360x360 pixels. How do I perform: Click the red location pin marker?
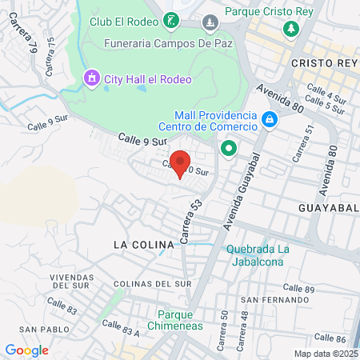[x=182, y=163]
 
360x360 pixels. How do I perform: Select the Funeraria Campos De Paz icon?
[x=210, y=20]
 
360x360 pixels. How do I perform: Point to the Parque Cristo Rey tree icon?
[x=290, y=28]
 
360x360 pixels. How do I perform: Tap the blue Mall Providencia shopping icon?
[x=270, y=121]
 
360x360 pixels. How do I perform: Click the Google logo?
[x=26, y=350]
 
